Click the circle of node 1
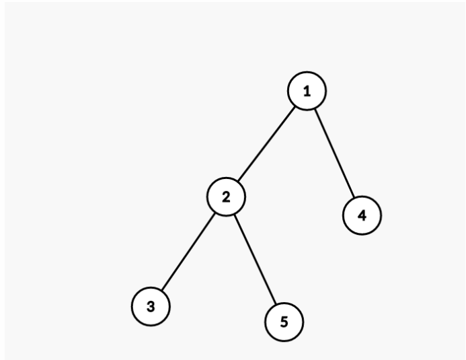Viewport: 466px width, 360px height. (307, 92)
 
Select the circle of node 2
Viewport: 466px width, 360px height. (226, 197)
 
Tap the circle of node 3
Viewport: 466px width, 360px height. (151, 306)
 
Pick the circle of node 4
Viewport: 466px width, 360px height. (362, 215)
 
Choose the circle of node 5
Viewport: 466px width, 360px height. (284, 321)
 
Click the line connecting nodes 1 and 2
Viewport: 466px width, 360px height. (267, 144)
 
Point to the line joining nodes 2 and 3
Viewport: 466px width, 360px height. (188, 252)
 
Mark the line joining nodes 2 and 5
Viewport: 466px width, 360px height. (255, 259)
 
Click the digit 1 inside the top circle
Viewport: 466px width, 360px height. (307, 92)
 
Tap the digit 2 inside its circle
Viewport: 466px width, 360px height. (226, 197)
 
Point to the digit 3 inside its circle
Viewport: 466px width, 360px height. (151, 306)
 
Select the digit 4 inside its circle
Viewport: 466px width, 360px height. (362, 215)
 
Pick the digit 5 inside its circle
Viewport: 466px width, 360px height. (284, 321)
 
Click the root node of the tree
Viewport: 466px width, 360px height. (307, 92)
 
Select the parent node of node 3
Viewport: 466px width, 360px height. (226, 197)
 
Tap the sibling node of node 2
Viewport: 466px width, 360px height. (362, 215)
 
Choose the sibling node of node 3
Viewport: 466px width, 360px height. (284, 321)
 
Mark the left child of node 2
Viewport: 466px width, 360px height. (151, 306)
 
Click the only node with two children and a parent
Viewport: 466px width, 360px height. (226, 197)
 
